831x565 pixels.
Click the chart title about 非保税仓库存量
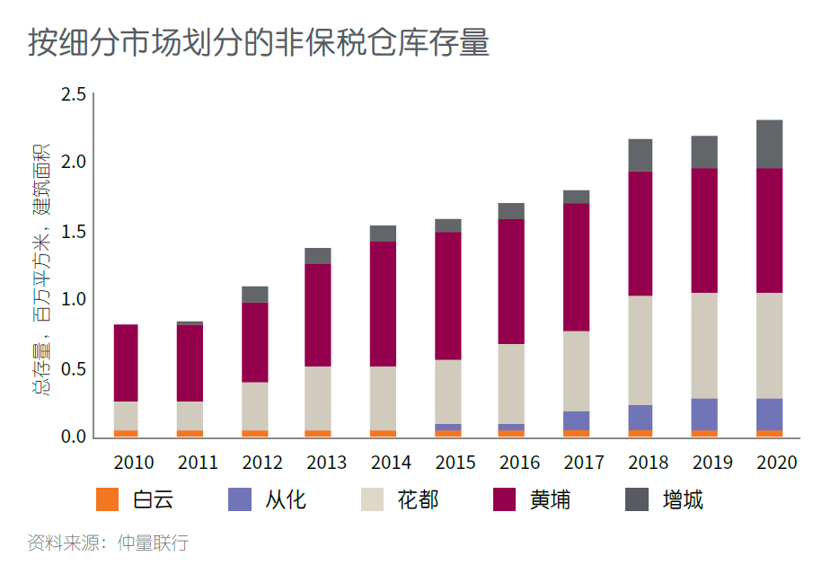259,42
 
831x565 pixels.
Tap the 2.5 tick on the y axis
73,94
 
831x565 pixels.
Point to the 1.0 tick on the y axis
73,299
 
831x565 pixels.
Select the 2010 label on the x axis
134,463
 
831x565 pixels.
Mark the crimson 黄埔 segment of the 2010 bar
127,363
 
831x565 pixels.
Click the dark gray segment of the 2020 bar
769,144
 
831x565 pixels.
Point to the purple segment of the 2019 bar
704,414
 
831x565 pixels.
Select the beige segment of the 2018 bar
641,350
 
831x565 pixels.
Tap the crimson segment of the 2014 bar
384,304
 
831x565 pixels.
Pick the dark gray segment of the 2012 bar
255,295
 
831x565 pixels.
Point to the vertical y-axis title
40,269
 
